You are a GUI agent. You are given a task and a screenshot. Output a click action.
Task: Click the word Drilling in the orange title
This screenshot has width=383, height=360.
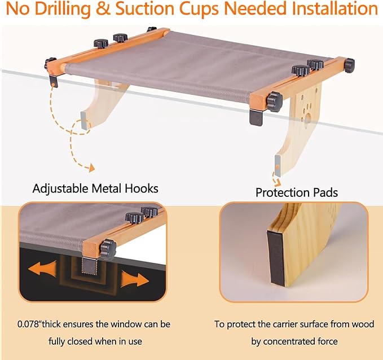pos(63,9)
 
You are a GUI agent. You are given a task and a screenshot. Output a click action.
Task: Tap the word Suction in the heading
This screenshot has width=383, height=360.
pos(144,8)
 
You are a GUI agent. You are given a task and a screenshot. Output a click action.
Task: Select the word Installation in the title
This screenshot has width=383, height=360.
pos(335,8)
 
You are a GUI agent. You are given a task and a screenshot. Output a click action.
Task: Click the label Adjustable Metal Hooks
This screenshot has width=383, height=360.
pos(95,189)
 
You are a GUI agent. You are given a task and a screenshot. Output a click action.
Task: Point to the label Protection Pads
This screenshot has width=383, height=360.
pos(297,192)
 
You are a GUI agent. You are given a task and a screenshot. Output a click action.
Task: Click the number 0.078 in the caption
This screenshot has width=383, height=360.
pos(28,324)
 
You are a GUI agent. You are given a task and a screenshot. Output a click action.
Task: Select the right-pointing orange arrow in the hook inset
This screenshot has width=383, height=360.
pos(135,279)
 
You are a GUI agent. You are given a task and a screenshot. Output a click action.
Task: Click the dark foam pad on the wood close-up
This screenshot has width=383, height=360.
pos(276,258)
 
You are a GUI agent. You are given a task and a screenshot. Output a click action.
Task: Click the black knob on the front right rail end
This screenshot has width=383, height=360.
pos(275,102)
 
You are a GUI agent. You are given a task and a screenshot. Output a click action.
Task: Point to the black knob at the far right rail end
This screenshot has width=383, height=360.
pos(350,65)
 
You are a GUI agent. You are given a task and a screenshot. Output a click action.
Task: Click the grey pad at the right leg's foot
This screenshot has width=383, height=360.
pos(278,165)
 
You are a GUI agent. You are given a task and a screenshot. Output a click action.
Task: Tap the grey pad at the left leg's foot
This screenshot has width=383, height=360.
pos(83,121)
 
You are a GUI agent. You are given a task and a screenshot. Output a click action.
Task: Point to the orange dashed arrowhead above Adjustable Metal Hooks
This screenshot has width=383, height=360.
pos(91,168)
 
